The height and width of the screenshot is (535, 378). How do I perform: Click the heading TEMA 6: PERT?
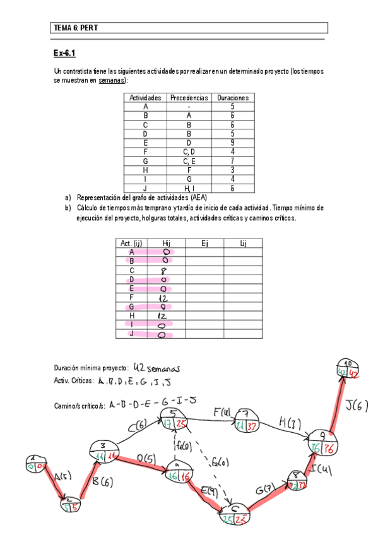click(76, 28)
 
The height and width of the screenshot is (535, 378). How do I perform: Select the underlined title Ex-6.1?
click(65, 53)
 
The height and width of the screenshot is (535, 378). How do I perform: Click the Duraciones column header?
click(232, 98)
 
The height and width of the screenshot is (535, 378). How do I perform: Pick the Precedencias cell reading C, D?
click(189, 151)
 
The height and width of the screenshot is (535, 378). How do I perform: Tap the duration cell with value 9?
click(232, 143)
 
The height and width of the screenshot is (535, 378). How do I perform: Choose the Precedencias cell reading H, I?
click(189, 187)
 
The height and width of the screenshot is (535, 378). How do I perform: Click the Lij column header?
click(243, 243)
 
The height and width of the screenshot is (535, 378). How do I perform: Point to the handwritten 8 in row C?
click(163, 270)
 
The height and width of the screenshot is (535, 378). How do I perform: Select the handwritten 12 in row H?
click(162, 315)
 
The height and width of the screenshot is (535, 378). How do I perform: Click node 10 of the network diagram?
click(348, 369)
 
